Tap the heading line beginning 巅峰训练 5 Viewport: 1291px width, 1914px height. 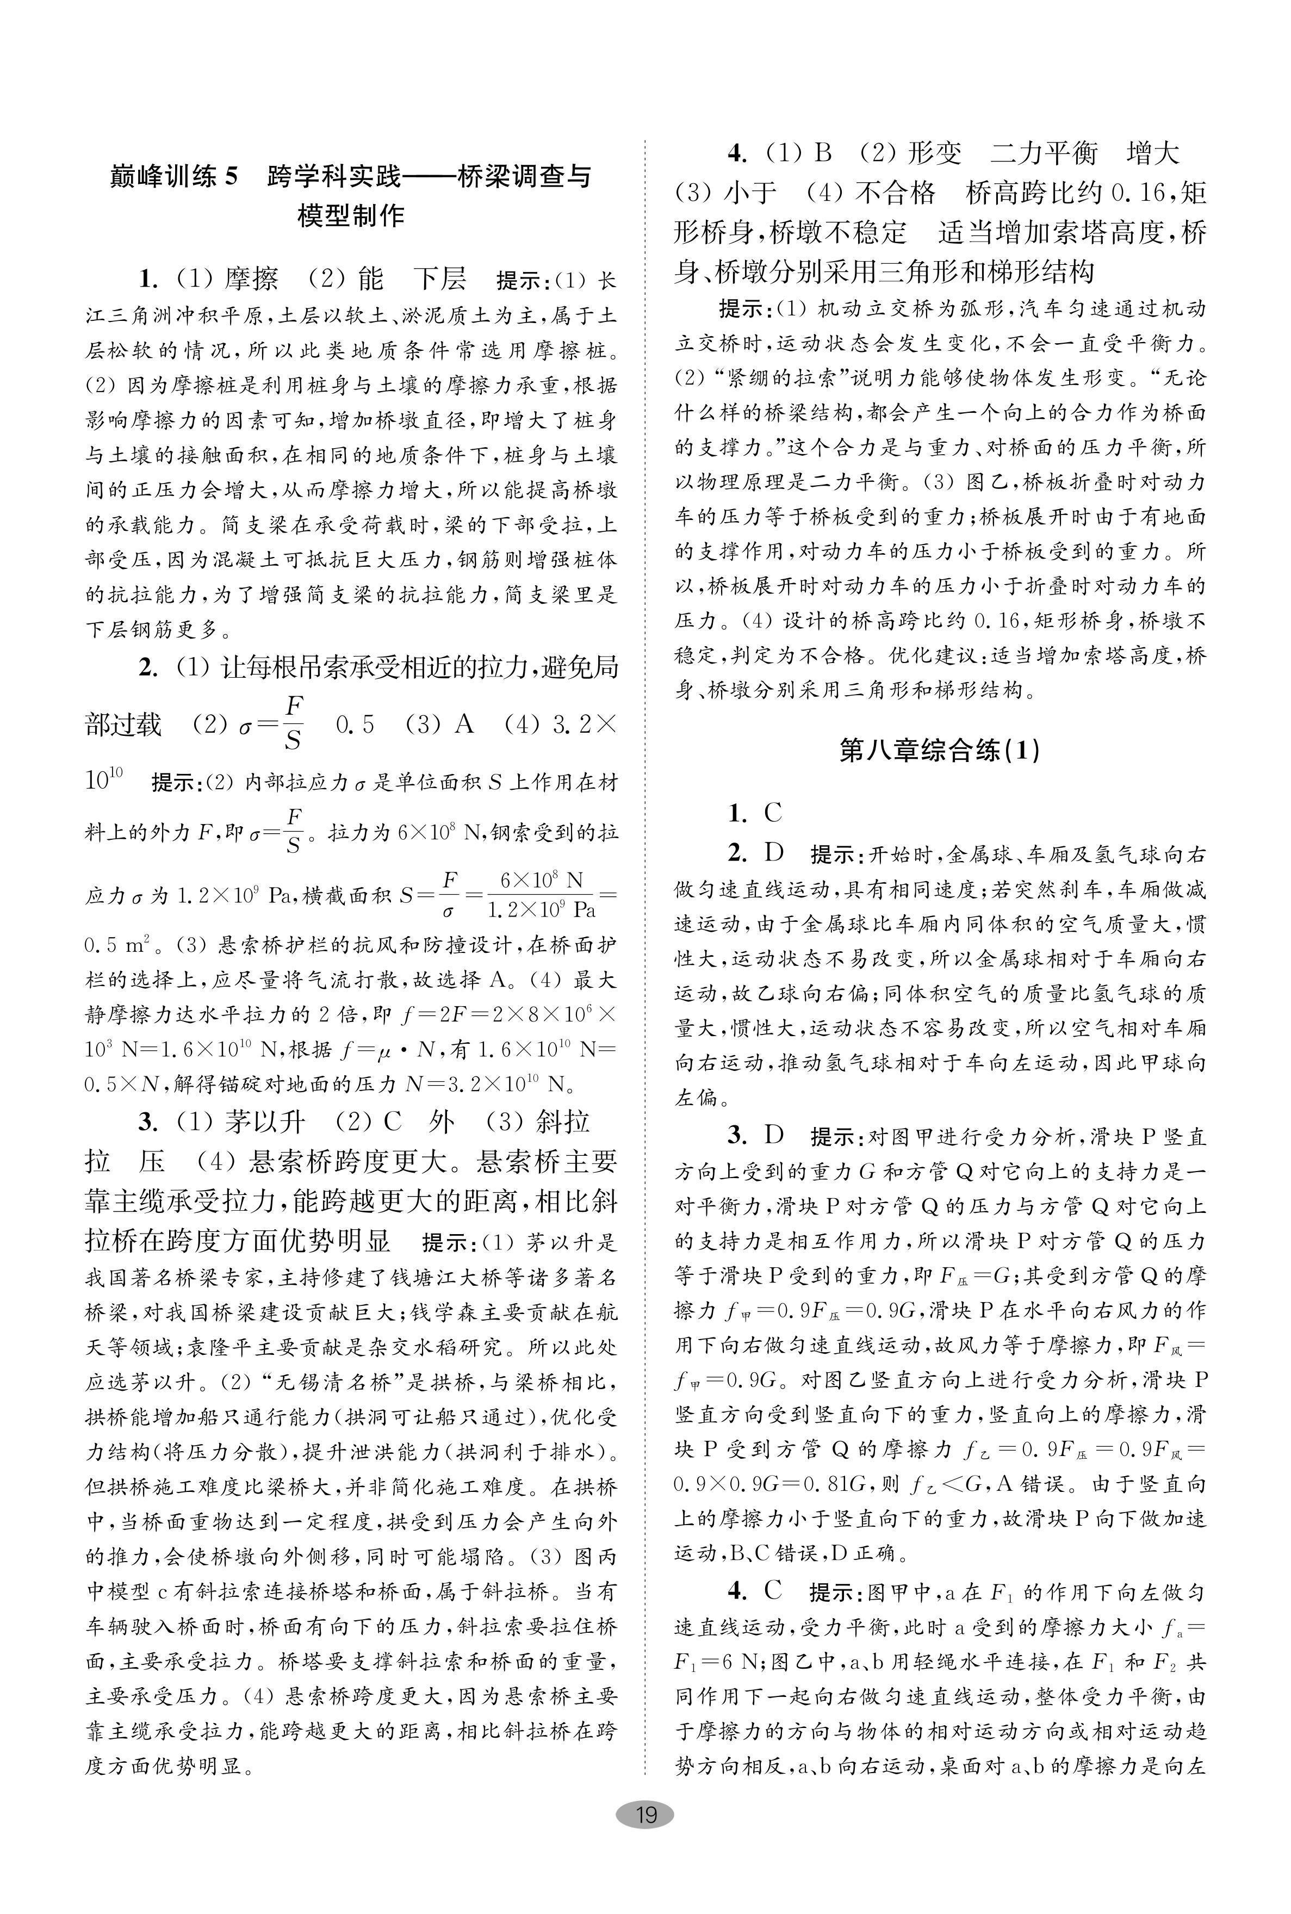point(350,177)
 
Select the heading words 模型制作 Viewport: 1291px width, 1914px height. point(351,216)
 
